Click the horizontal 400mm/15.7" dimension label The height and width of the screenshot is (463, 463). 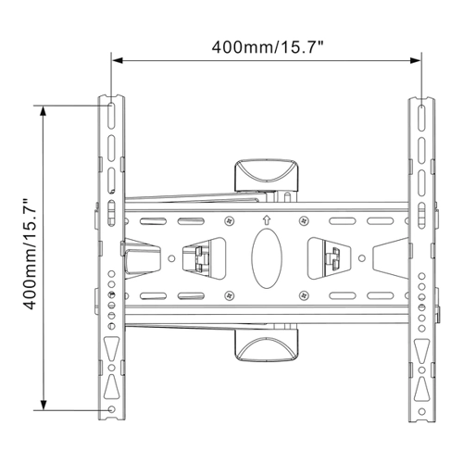pyautogui.click(x=268, y=47)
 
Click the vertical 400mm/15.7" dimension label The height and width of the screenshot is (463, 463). pyautogui.click(x=30, y=255)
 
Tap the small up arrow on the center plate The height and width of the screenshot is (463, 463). pyautogui.click(x=267, y=220)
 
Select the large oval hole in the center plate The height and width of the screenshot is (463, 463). pyautogui.click(x=267, y=258)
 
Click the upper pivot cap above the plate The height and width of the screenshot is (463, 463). pyautogui.click(x=267, y=175)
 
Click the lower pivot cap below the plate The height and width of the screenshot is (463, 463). pyautogui.click(x=267, y=344)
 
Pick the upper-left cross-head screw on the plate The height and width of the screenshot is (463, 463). pyautogui.click(x=229, y=220)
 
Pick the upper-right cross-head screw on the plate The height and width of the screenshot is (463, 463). pyautogui.click(x=304, y=220)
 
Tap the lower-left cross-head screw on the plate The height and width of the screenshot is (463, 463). pyautogui.click(x=229, y=295)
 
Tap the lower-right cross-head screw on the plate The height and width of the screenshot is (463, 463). pyautogui.click(x=304, y=295)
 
